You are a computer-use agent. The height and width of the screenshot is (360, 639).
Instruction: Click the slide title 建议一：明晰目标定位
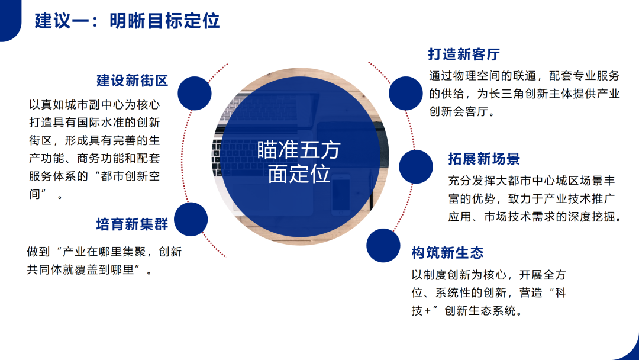tap(127, 21)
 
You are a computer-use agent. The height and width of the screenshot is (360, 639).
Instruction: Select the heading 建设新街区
tap(133, 81)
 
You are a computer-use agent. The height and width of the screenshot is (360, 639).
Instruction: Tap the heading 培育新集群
tap(132, 224)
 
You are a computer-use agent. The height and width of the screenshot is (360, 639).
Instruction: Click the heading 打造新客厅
tap(464, 54)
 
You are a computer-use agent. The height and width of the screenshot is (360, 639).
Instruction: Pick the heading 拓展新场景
tap(484, 159)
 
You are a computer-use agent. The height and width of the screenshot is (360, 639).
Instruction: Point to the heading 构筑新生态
tap(447, 253)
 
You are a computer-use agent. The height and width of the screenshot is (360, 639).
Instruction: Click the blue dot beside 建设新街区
tap(195, 94)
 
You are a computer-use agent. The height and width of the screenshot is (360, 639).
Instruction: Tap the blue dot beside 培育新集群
tap(191, 219)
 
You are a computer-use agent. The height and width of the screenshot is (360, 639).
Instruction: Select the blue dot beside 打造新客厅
tap(405, 94)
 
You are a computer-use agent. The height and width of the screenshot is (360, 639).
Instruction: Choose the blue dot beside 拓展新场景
tap(416, 167)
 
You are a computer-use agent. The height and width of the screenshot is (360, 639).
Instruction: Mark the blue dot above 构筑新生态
tap(383, 246)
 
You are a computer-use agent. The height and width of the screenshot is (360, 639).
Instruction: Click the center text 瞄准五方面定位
tap(299, 162)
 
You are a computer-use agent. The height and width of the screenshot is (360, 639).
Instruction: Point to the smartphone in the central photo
tap(341, 194)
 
